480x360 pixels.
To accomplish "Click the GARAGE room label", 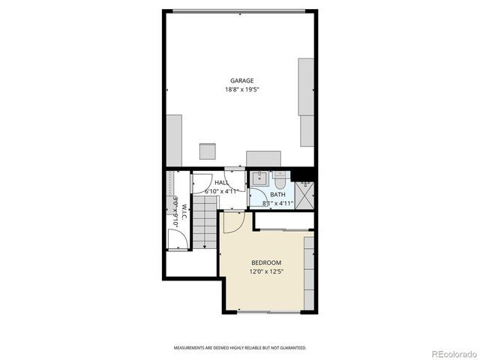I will tap(241, 81).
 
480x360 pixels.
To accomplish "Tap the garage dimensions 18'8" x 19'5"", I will tap(241, 90).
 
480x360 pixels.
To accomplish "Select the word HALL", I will tap(221, 182).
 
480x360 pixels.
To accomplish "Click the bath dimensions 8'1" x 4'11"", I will tap(277, 203).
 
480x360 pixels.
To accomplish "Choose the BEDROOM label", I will tap(266, 262).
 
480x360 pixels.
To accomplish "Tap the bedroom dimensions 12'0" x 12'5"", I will tap(266, 271).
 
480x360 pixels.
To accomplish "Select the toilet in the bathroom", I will tap(279, 181).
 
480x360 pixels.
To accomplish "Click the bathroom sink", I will tap(259, 178).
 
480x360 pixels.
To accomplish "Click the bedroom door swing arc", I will tap(230, 221).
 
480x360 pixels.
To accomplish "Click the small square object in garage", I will tap(207, 150).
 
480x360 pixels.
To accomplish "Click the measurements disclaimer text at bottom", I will tap(240, 348).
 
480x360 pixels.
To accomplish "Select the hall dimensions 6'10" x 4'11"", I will tap(221, 191).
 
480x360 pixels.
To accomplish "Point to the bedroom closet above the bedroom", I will tap(283, 220).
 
